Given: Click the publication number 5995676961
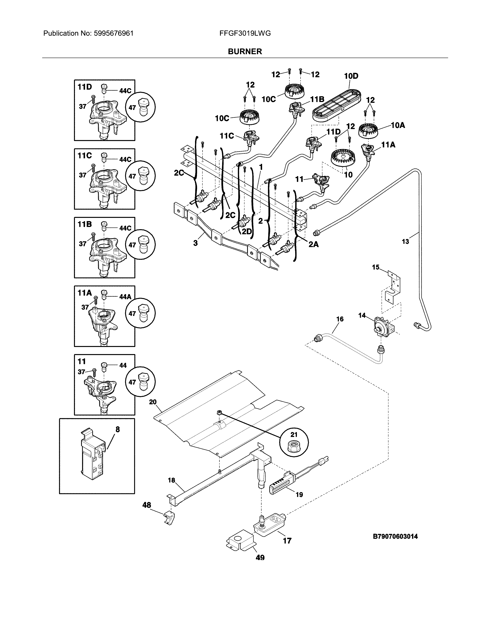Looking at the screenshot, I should tap(114, 33).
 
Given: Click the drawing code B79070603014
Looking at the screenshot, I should tap(395, 536).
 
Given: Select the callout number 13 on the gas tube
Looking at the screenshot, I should tap(405, 241).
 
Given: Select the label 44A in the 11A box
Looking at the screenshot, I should tap(125, 297).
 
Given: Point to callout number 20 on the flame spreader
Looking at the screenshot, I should tap(153, 402).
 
